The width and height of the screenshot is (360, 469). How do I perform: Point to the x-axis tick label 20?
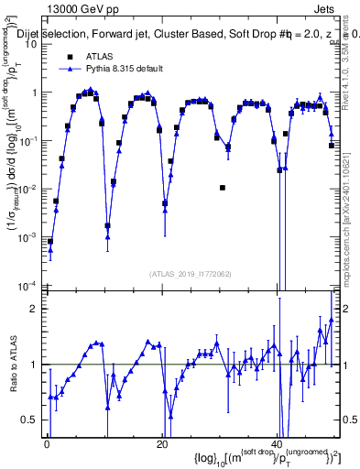[x=162, y=445]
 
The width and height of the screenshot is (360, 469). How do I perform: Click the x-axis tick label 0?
[x=47, y=445]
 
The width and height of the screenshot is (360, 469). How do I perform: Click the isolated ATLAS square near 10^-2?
[x=223, y=188]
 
